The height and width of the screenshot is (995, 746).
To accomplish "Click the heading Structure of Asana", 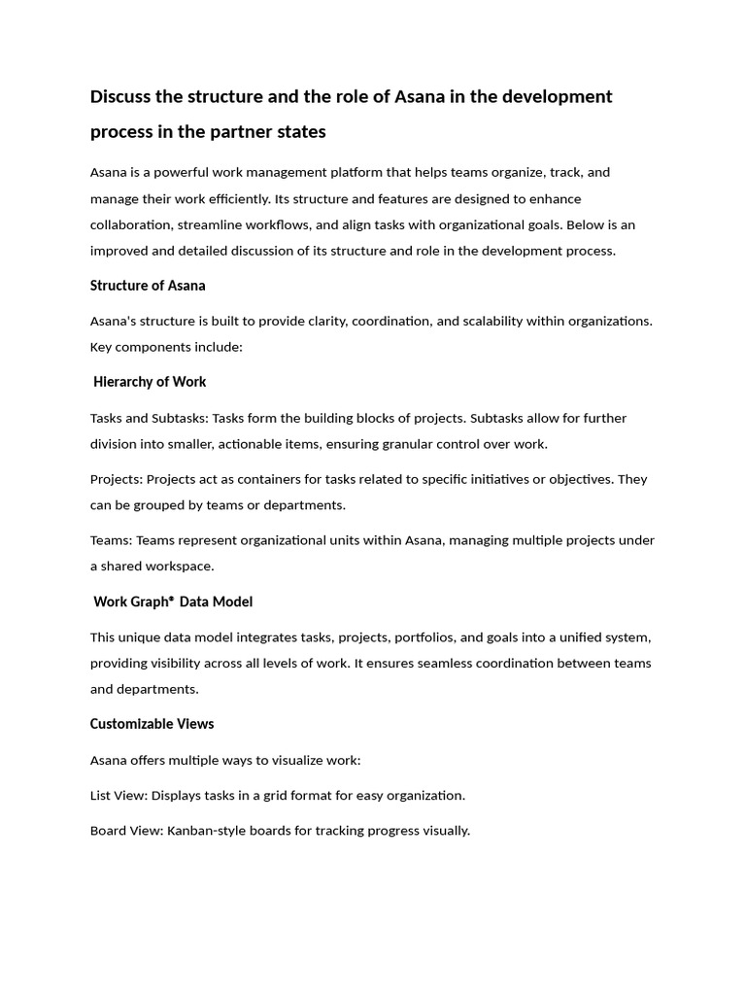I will (148, 286).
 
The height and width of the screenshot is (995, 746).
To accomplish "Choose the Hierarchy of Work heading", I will (150, 382).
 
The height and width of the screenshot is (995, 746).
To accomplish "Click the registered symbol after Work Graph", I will (171, 599).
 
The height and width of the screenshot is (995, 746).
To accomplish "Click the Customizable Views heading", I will (152, 724).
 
